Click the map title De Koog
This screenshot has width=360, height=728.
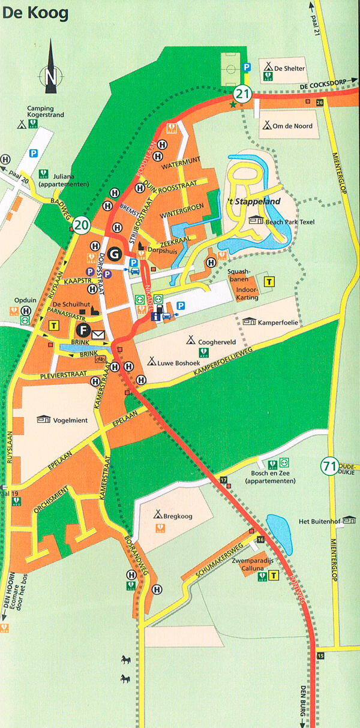(35, 13)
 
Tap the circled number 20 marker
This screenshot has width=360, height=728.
(82, 225)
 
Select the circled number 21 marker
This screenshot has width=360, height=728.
(242, 94)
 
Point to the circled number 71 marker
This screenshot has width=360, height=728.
(329, 466)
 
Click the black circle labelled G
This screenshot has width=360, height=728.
(112, 252)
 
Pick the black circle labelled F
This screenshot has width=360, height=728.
(83, 330)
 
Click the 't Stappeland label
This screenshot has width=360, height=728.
(257, 202)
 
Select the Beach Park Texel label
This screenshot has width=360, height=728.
(289, 221)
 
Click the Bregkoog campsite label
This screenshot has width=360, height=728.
(175, 515)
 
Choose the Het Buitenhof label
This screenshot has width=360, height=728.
(323, 521)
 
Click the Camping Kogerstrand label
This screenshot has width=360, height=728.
(46, 113)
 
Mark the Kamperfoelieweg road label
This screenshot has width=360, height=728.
(230, 362)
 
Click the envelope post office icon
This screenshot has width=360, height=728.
(98, 334)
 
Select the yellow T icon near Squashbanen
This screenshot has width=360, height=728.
(269, 281)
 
